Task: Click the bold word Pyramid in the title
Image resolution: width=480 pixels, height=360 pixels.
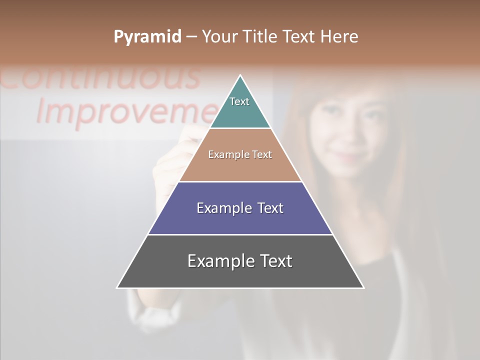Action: click(147, 37)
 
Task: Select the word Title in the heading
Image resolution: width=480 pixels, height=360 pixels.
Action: click(262, 37)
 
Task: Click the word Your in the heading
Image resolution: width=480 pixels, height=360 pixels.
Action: click(220, 37)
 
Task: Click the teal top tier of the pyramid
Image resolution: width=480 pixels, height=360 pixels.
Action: click(240, 107)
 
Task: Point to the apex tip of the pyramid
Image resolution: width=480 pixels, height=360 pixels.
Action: click(240, 76)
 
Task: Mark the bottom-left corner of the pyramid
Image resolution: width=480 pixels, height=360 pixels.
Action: click(118, 287)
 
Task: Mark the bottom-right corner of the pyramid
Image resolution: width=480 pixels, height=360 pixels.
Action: click(363, 287)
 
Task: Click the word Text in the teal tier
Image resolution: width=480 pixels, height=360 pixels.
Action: click(239, 101)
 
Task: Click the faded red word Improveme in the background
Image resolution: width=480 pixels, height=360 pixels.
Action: click(125, 111)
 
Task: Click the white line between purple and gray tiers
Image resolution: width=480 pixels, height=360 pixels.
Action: click(240, 234)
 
